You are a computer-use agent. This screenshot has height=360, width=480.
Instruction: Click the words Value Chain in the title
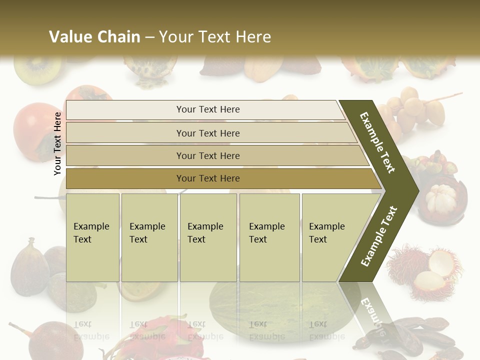click(94, 37)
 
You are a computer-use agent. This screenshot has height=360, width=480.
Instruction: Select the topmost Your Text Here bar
click(207, 109)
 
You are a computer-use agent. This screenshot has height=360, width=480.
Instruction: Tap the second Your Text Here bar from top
click(207, 133)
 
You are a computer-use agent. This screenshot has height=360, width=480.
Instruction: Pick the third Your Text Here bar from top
click(207, 155)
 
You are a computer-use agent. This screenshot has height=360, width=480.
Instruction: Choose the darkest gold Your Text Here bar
click(207, 178)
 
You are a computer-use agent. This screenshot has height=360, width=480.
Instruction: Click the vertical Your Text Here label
click(57, 143)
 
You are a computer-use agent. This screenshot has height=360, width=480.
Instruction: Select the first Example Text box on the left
click(92, 237)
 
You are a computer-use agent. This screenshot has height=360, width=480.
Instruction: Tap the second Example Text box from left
click(149, 237)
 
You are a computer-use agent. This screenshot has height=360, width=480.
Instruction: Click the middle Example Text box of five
click(208, 237)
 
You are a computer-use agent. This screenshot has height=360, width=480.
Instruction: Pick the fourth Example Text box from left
click(269, 237)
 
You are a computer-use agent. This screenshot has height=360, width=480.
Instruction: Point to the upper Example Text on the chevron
click(378, 142)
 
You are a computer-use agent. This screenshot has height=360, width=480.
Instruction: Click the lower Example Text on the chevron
click(378, 236)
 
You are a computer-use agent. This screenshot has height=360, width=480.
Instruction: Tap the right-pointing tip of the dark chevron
click(416, 190)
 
